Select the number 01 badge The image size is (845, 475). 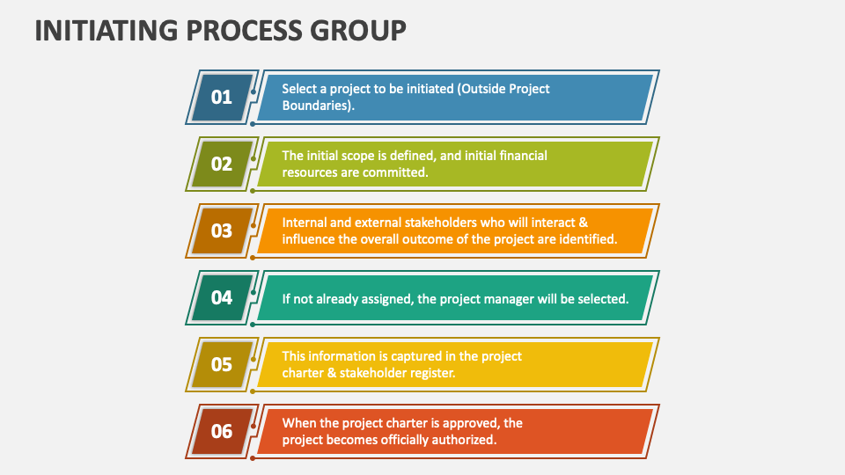[x=222, y=97]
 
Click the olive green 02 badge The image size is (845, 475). [x=222, y=164]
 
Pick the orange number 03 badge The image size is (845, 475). [x=222, y=230]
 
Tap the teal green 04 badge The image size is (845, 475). [x=222, y=297]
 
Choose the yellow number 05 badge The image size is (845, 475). [x=222, y=364]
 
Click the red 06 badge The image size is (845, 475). [x=222, y=431]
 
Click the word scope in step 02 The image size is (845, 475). [x=357, y=156]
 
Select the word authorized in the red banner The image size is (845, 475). [x=464, y=440]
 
